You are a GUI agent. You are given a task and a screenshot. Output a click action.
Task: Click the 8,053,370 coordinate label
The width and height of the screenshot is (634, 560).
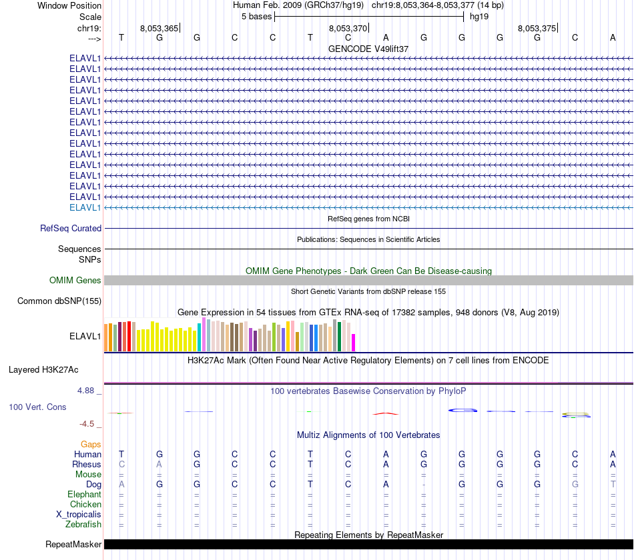coord(348,29)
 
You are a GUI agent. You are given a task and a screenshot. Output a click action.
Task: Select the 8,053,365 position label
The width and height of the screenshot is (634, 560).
coord(159,29)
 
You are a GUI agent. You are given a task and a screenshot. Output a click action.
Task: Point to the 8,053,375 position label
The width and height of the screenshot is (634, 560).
coord(537,29)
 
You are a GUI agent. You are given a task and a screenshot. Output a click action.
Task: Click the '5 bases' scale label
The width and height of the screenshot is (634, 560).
coord(256,16)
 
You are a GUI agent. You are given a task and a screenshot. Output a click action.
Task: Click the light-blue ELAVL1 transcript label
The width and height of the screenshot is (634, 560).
coord(85,207)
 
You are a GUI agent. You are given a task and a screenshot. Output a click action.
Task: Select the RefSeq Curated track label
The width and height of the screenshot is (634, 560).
coord(71,228)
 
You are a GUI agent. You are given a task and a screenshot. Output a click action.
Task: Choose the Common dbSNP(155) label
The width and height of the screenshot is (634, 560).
coord(59,301)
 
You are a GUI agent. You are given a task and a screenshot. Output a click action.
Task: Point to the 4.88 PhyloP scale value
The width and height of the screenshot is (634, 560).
coord(90,391)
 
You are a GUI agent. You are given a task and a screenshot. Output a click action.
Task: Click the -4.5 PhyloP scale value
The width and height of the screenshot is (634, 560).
coord(90,424)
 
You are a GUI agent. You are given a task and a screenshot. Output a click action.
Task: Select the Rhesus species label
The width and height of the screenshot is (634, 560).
coord(87,464)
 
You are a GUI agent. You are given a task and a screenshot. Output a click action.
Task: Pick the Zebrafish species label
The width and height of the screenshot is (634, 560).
coord(83,525)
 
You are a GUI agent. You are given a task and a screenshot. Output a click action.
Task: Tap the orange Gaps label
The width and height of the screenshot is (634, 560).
coord(91,444)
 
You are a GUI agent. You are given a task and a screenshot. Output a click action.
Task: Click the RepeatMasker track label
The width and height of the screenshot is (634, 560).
coord(73,545)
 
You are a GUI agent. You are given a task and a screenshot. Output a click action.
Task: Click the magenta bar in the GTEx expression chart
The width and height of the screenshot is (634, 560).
coord(353,342)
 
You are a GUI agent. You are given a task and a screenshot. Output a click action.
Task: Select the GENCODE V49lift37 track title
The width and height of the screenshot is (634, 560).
coord(368,49)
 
